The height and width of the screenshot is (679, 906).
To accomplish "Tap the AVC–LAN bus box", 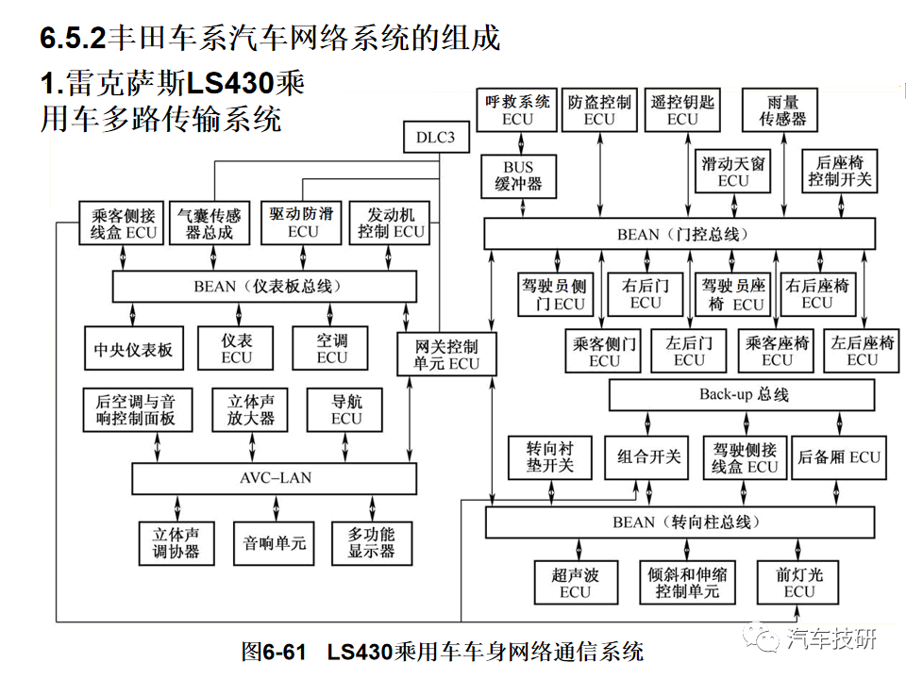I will coord(274,478).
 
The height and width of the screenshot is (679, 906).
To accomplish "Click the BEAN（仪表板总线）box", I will coord(265,286).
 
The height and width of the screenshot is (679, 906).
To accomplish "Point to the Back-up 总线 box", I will coord(744,395).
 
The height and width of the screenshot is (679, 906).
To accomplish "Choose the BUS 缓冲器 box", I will coord(518,176).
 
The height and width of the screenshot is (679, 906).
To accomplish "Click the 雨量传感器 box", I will coord(780,110).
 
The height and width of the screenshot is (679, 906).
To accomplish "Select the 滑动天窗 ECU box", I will coord(733,171).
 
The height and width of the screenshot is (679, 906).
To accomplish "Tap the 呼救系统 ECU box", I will coord(518,110).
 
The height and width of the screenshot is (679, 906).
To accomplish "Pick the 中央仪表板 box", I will coord(131,350).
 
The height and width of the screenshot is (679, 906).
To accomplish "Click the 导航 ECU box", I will coord(346,410).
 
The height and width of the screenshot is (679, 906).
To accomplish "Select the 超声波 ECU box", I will coord(575,583).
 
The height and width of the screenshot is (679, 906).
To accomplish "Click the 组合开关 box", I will coord(648,457).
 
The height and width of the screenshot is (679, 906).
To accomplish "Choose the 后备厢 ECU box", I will coord(839,457).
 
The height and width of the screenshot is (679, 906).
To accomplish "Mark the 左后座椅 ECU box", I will coord(862,351).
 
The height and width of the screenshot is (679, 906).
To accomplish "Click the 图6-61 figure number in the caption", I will coord(275,651).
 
